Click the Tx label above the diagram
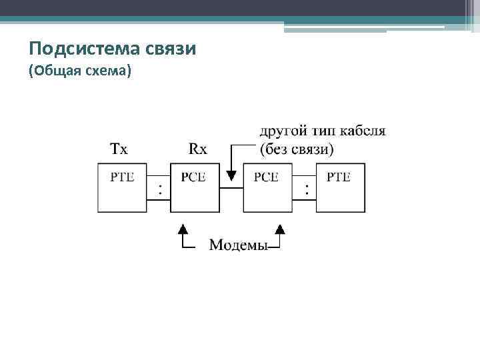click(118, 149)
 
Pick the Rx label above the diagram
click(198, 149)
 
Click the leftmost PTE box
click(122, 187)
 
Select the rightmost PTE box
click(340, 187)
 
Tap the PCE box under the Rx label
click(195, 187)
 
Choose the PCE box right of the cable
click(267, 187)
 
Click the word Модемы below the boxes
click(238, 245)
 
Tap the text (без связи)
click(297, 149)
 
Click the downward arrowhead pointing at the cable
click(231, 176)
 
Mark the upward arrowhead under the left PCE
click(183, 230)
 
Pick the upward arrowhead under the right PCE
click(280, 230)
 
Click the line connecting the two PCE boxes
click(231, 189)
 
